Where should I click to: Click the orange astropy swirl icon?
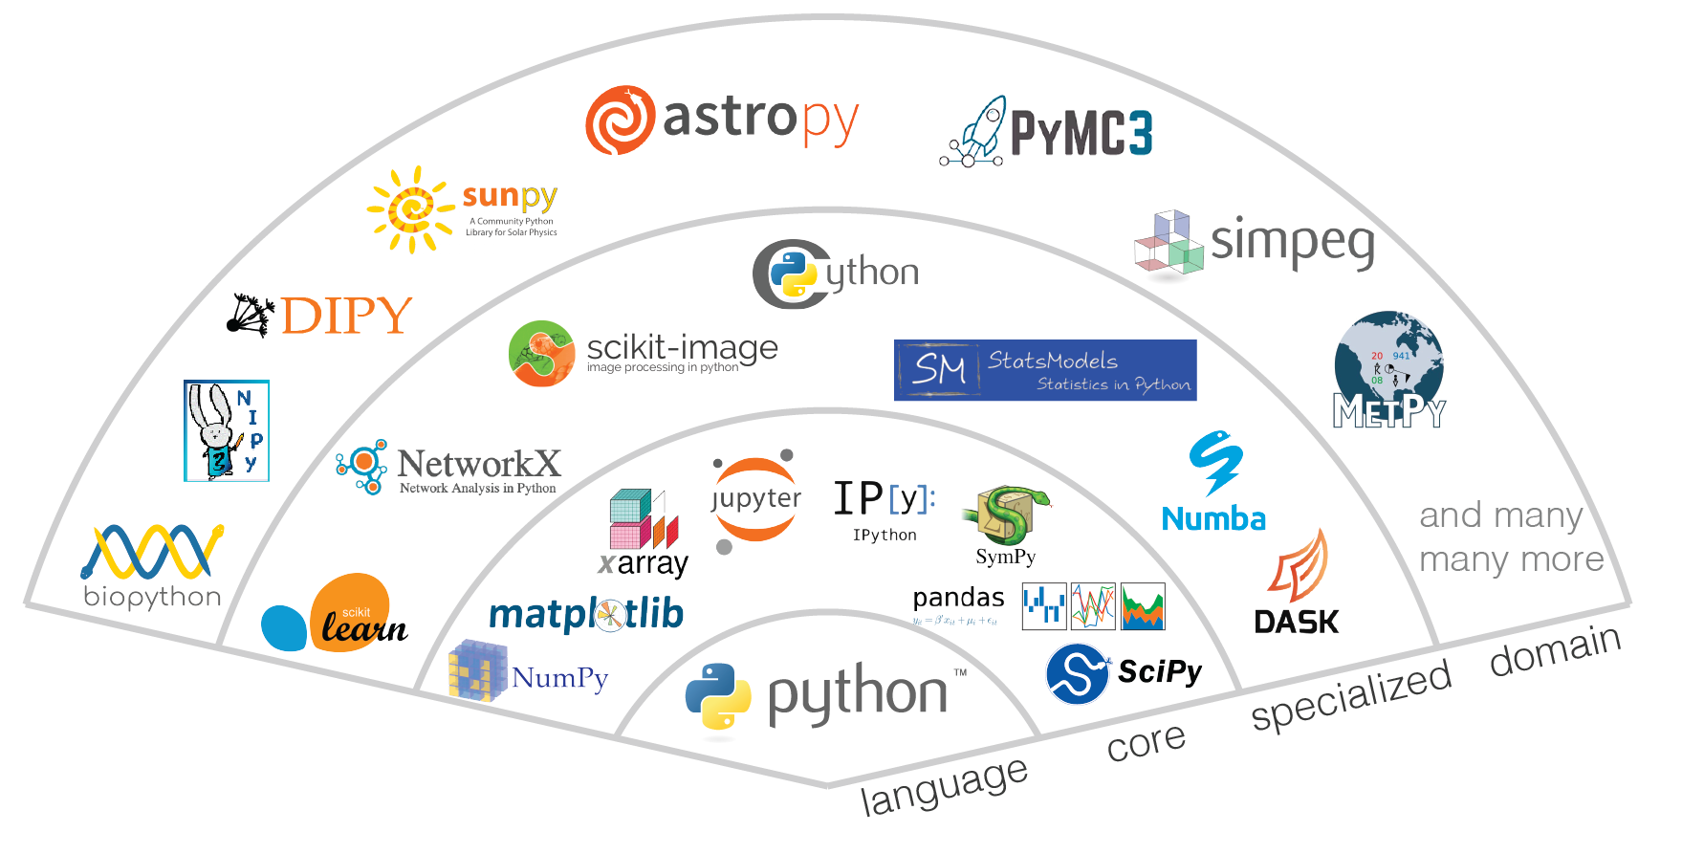(620, 120)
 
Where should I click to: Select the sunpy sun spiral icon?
(411, 209)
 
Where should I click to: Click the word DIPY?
(347, 317)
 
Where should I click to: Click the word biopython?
(152, 597)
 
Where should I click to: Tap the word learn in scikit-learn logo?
(364, 628)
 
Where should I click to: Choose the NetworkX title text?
(478, 464)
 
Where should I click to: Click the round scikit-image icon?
(541, 354)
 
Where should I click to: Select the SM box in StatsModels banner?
(938, 369)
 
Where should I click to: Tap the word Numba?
(1213, 519)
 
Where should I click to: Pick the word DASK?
(1297, 623)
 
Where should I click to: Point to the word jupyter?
(756, 499)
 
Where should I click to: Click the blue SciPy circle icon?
(1078, 673)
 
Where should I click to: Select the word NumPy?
(559, 678)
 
